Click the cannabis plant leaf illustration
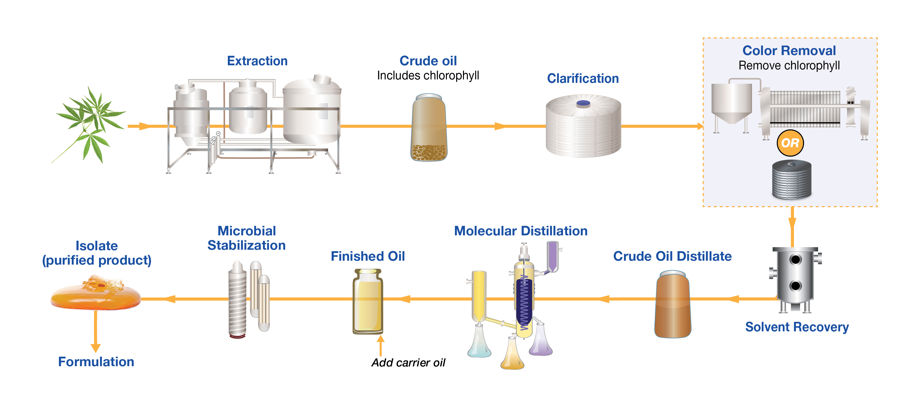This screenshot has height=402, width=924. pyautogui.click(x=90, y=124)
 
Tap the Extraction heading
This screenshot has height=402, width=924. pyautogui.click(x=257, y=61)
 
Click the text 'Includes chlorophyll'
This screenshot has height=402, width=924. pyautogui.click(x=428, y=76)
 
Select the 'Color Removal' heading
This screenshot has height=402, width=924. pyautogui.click(x=789, y=50)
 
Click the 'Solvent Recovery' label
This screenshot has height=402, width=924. pyautogui.click(x=797, y=327)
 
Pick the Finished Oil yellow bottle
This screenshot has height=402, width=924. pyautogui.click(x=368, y=302)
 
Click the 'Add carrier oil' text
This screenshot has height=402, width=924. pyautogui.click(x=408, y=363)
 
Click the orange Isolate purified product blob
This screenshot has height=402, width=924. pyautogui.click(x=95, y=292)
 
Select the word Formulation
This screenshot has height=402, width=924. pyautogui.click(x=96, y=362)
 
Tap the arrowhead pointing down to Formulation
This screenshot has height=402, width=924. pyautogui.click(x=95, y=348)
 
